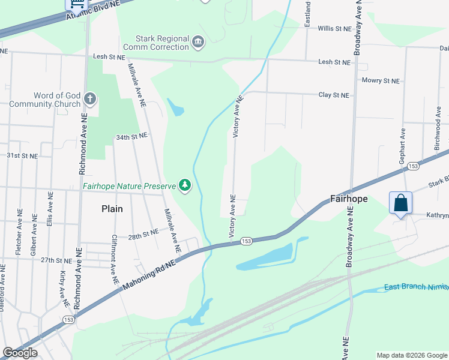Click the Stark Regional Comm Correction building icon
click(x=198, y=41)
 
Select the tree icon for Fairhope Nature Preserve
click(x=185, y=186)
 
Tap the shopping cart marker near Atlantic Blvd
click(x=76, y=4)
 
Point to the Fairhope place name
click(x=349, y=199)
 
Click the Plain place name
click(x=112, y=209)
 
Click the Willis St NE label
click(x=334, y=28)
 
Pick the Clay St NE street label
click(x=333, y=95)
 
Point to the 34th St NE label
click(x=131, y=137)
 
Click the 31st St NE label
click(x=22, y=155)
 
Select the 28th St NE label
click(x=142, y=232)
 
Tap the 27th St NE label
click(x=56, y=260)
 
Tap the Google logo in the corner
click(x=20, y=353)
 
